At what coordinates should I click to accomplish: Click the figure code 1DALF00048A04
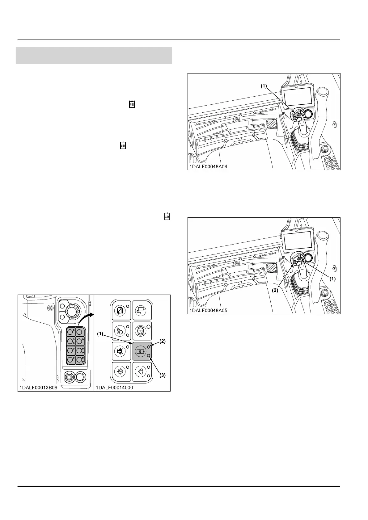[208, 167]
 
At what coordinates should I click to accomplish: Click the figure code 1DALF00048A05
[208, 311]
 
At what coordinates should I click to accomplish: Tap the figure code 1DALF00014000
[114, 388]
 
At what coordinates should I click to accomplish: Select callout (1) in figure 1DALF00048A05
[332, 278]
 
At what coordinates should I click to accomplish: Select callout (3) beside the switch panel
[162, 375]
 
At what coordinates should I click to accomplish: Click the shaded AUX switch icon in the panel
[140, 351]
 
